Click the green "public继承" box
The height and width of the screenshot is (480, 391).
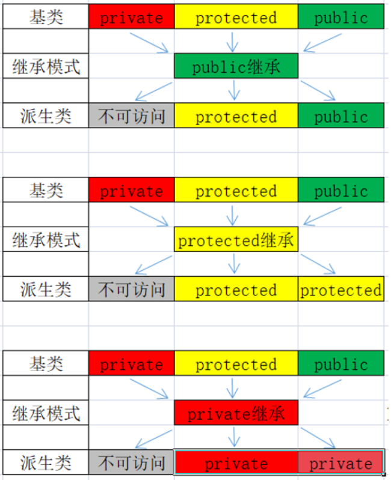click(236, 66)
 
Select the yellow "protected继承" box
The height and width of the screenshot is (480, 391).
click(236, 240)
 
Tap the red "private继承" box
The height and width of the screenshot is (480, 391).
click(236, 413)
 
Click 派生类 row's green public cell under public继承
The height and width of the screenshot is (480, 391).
click(340, 115)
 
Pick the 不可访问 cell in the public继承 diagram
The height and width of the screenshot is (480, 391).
click(131, 115)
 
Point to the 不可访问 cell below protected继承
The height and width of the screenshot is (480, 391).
click(131, 289)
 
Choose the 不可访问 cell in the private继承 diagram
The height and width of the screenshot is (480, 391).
click(131, 463)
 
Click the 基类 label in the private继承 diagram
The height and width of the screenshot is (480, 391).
click(46, 364)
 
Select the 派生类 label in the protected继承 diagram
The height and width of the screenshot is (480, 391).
click(46, 289)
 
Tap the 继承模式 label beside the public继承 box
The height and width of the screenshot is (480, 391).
click(46, 66)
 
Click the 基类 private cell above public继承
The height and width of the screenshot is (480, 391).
click(131, 17)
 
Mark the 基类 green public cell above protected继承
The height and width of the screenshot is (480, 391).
click(340, 191)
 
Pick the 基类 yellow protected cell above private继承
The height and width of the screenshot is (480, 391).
click(236, 364)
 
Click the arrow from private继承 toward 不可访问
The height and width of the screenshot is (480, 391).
click(153, 438)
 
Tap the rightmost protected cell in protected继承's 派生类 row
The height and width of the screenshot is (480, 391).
click(340, 289)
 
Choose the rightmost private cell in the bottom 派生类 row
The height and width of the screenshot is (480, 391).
click(340, 463)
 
